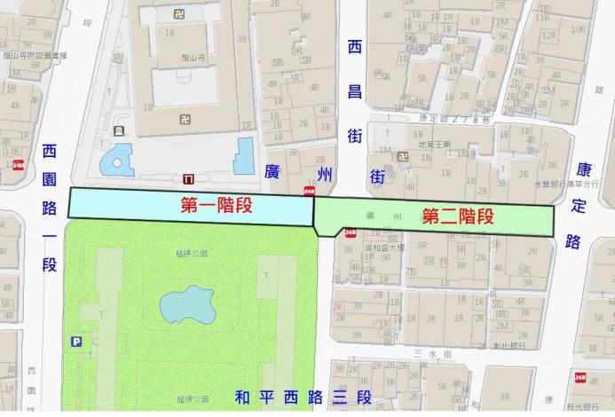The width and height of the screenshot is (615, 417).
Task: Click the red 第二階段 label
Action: pyautogui.click(x=457, y=216)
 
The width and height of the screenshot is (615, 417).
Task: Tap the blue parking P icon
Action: pyautogui.click(x=76, y=342)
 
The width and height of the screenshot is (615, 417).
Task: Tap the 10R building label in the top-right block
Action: pyautogui.click(x=578, y=29)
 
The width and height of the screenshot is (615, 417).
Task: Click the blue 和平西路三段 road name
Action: pyautogui.click(x=304, y=397)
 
